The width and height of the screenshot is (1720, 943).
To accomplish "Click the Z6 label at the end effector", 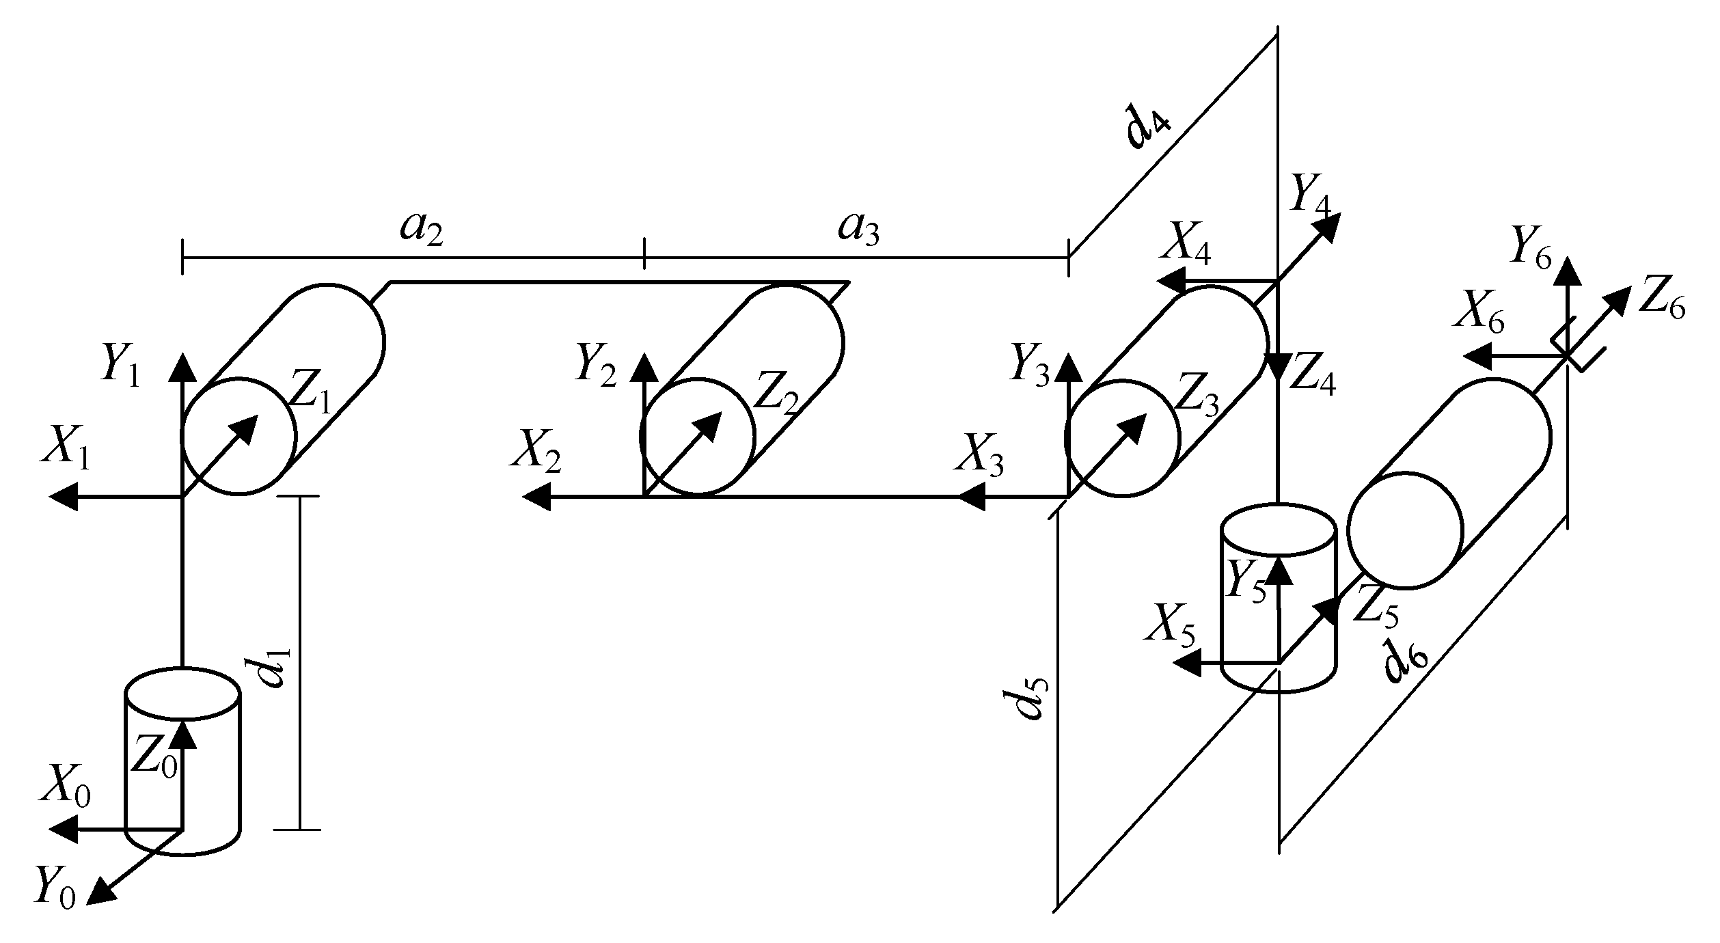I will [x=1661, y=303].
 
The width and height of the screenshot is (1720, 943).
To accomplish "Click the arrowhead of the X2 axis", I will [x=534, y=497].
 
